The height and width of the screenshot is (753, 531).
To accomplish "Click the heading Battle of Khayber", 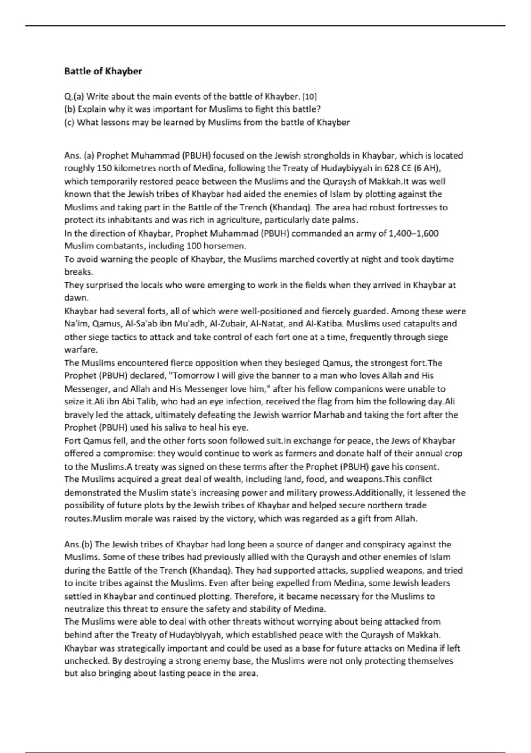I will tap(103, 71).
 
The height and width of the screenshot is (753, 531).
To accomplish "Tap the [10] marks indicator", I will tap(309, 97).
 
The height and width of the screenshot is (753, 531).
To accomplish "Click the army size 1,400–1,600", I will tap(413, 233).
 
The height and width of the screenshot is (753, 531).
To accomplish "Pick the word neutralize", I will tap(87, 609).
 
